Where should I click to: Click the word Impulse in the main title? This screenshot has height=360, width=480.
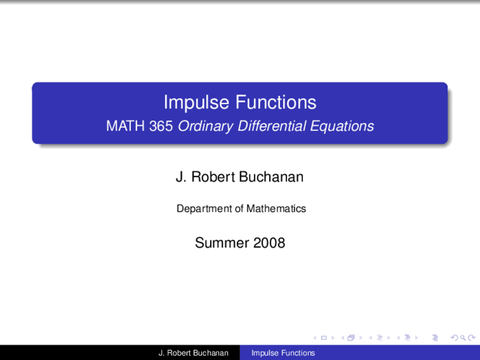point(196,102)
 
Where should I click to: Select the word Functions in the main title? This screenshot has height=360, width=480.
point(276,102)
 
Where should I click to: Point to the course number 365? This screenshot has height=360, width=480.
point(161,126)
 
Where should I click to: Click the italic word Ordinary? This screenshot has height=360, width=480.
point(205,126)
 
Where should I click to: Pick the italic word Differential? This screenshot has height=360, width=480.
point(272,126)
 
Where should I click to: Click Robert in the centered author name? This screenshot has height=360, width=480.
point(213,177)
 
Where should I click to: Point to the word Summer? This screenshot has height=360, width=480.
point(222,243)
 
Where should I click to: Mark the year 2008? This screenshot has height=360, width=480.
point(269,243)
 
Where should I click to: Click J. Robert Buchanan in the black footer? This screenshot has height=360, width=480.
point(193,353)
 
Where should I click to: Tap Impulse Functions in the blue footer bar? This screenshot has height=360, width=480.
point(283,353)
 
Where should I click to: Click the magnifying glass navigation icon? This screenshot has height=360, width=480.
point(463,338)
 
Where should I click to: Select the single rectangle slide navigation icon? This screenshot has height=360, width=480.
point(324,338)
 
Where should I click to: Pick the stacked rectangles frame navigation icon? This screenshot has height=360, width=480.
point(351,338)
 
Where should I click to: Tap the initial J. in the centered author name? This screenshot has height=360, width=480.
point(181,177)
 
